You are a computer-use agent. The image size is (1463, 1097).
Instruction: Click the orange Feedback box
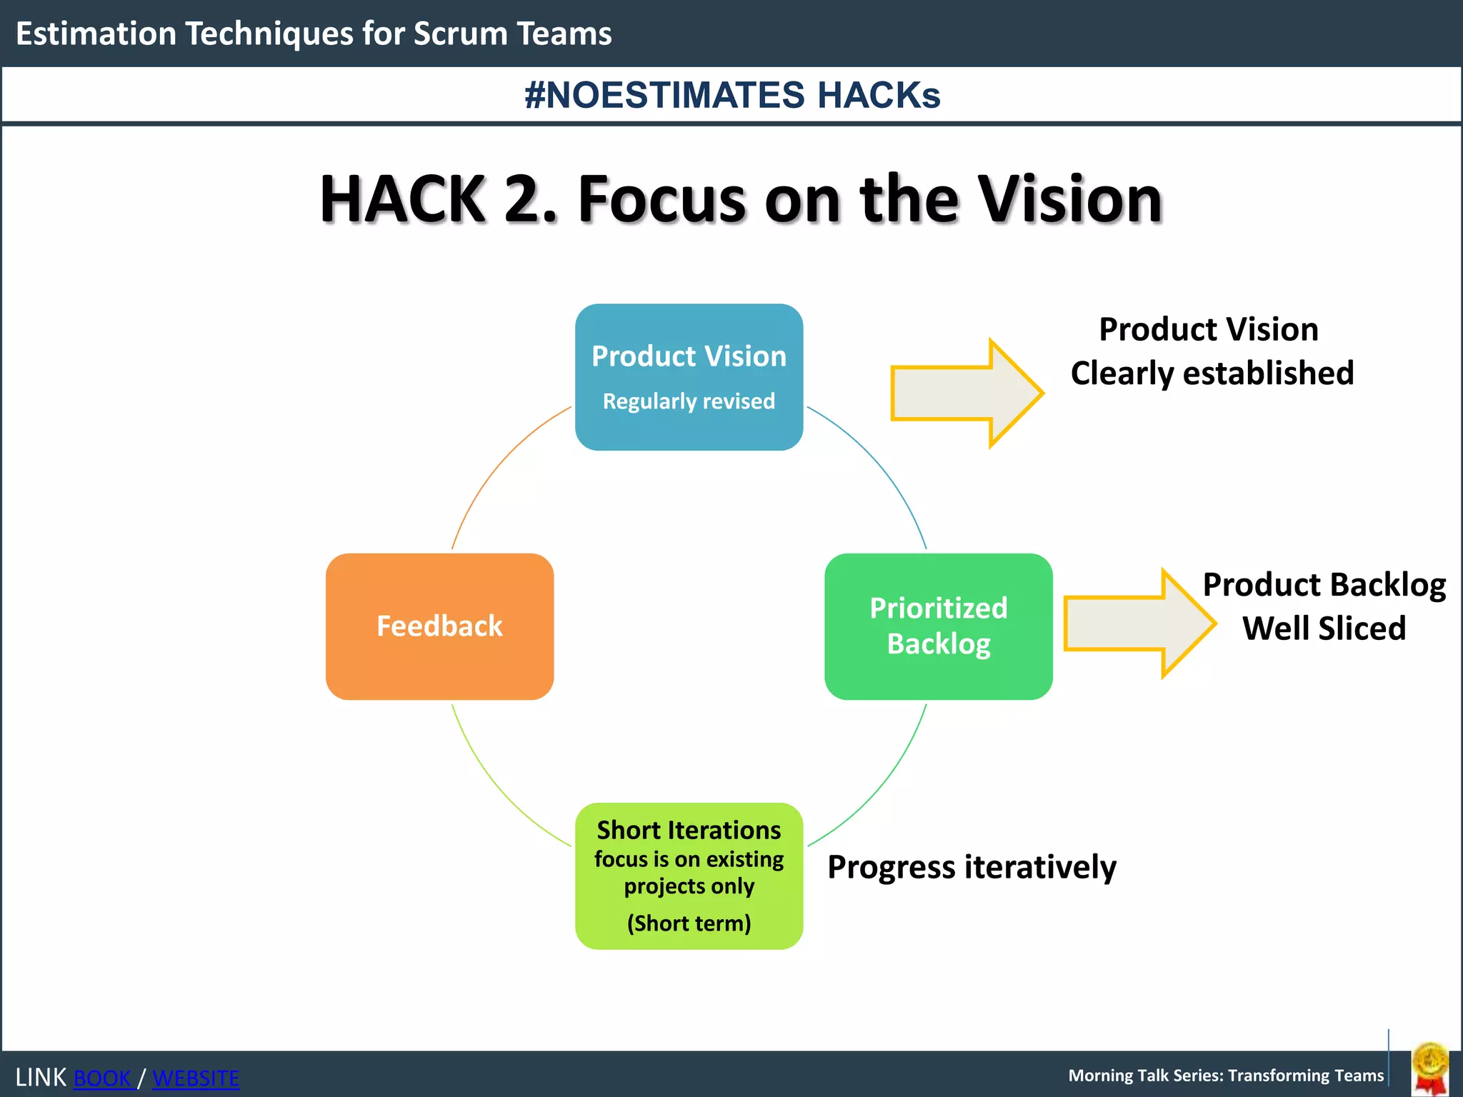pyautogui.click(x=439, y=626)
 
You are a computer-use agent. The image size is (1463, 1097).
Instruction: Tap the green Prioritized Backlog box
pyautogui.click(x=938, y=626)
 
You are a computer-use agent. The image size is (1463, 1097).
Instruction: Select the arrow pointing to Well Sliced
pyautogui.click(x=1139, y=623)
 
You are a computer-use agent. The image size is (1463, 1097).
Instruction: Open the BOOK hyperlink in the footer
pyautogui.click(x=103, y=1078)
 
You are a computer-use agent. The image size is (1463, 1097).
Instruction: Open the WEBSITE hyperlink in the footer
pyautogui.click(x=196, y=1078)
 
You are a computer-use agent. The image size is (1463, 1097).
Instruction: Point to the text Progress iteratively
pyautogui.click(x=972, y=867)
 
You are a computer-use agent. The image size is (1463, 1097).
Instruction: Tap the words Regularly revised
pyautogui.click(x=689, y=401)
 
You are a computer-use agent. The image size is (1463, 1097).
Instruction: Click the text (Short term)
pyautogui.click(x=689, y=923)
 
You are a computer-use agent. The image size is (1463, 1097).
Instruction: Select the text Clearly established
pyautogui.click(x=1212, y=373)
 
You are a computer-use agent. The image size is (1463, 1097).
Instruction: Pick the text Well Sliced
pyautogui.click(x=1324, y=628)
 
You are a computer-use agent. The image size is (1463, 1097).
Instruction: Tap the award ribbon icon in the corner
pyautogui.click(x=1430, y=1068)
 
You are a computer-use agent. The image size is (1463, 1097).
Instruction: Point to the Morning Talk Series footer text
pyautogui.click(x=1226, y=1076)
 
